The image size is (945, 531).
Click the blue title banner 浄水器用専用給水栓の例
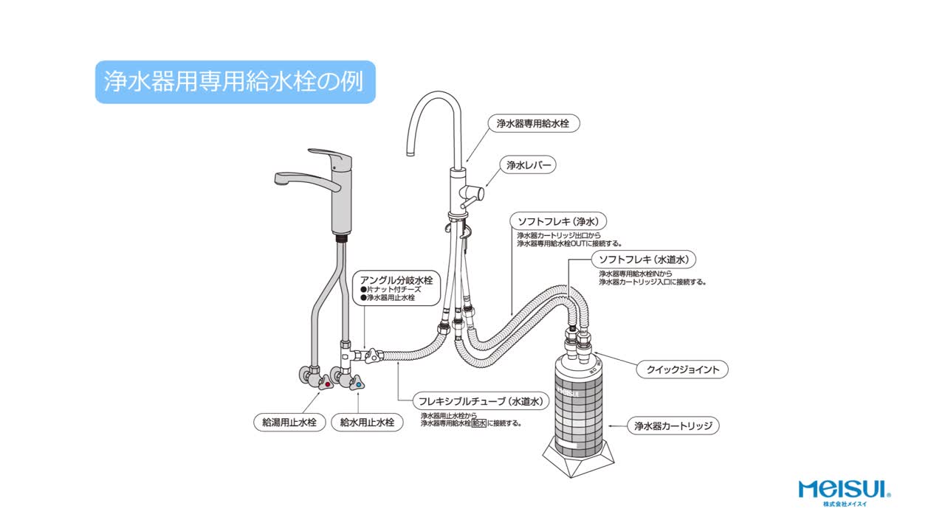click(235, 81)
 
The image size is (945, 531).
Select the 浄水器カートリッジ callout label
click(673, 426)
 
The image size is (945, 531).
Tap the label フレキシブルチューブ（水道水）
click(481, 401)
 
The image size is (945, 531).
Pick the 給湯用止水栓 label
click(289, 423)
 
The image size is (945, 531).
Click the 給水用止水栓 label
click(367, 423)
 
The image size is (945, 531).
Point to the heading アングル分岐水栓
click(396, 280)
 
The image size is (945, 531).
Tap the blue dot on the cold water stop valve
click(359, 384)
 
